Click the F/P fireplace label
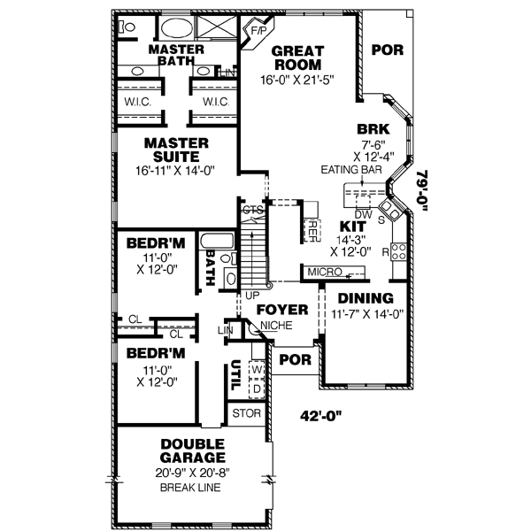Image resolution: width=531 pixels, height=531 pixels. coord(258,31)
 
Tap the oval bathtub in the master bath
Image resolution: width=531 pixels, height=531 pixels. coord(176,27)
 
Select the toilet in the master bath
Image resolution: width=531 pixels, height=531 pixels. coord(127,27)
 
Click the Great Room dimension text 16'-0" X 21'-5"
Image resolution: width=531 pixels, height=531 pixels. coord(297,80)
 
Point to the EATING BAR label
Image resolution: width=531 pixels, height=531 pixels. coord(351,169)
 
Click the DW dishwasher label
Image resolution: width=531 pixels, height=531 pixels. coord(363,214)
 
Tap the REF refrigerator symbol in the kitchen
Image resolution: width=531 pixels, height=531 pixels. coord(312,231)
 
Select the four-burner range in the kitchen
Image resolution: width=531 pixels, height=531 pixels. coord(398,251)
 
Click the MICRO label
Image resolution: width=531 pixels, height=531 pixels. coord(325,272)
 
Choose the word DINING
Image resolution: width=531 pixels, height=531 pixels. coord(366,298)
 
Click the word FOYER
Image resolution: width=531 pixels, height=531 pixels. coord(282,310)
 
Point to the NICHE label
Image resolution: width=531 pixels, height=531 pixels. coord(276,326)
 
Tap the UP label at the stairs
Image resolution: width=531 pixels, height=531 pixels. coord(252,296)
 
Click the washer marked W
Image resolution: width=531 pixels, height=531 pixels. coord(257,370)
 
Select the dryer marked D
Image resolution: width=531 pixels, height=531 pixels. coord(257,389)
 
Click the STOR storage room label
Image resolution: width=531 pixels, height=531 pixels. coord(247,413)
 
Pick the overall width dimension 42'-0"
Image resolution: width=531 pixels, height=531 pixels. coord(320,416)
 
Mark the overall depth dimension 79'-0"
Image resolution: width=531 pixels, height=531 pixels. coord(422,190)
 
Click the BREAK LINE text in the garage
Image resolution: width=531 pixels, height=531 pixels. coord(190,488)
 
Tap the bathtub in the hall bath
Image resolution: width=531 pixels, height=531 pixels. coord(217,242)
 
